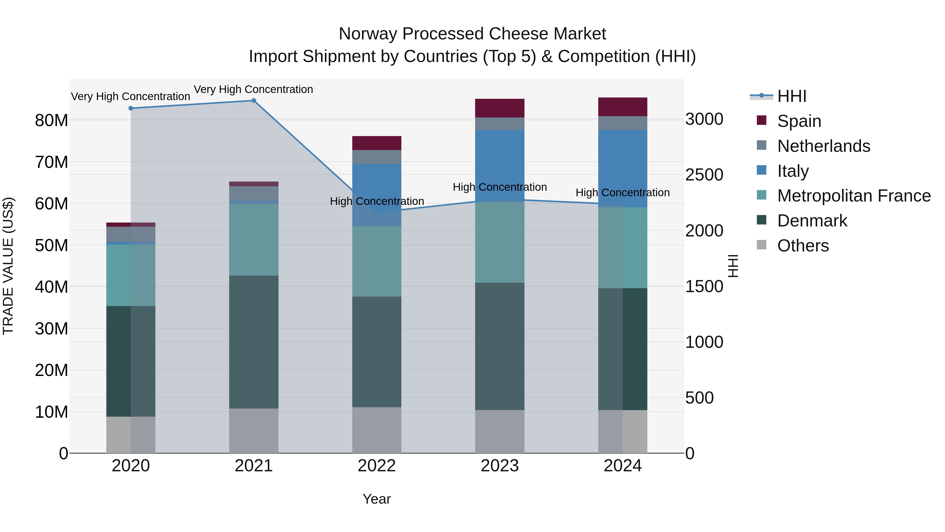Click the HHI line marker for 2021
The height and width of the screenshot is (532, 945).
coord(254,101)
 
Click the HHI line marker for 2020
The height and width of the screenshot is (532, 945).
coord(131,108)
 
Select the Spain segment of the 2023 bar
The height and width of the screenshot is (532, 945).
coord(499,108)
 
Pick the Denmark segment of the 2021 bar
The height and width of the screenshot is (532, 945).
coord(254,342)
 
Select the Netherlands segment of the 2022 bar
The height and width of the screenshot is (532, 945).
coord(376,157)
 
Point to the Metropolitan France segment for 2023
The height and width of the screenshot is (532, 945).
coord(499,242)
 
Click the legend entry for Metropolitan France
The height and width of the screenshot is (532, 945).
coord(853,196)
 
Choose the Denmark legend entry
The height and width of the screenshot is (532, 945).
coord(812,221)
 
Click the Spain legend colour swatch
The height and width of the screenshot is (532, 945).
coord(761,120)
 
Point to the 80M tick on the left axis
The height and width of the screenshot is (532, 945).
coord(51,120)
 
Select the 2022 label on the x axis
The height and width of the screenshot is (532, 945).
coord(376,466)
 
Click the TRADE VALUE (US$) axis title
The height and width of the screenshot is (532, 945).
coord(8,266)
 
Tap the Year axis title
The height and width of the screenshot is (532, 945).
coord(376,499)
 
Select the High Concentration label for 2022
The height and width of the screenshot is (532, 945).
coord(377,201)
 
